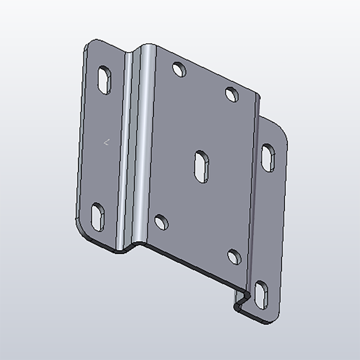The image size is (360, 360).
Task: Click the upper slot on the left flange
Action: click(104, 80)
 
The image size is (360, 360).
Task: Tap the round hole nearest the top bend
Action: click(179, 69)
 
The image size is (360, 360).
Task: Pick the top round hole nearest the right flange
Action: click(232, 94)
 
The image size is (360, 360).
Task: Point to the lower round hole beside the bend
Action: click(161, 222)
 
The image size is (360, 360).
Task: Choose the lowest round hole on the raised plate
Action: click(234, 256)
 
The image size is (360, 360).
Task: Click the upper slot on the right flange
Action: click(268, 158)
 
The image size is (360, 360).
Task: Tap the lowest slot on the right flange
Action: click(261, 295)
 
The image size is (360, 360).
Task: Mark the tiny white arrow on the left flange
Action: click(106, 143)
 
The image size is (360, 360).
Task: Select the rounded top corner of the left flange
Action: click(89, 45)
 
